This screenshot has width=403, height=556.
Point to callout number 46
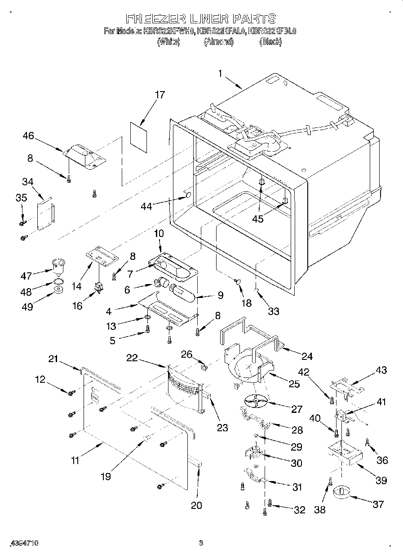click(28, 136)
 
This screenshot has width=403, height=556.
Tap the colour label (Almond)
click(218, 41)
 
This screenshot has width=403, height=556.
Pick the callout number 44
click(146, 206)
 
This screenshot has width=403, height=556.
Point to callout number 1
click(221, 73)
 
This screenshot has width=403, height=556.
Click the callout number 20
click(196, 505)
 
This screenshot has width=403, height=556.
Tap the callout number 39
click(381, 480)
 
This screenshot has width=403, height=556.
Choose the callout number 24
click(307, 356)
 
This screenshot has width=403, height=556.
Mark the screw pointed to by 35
click(22, 222)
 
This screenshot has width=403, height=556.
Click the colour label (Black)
click(270, 41)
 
